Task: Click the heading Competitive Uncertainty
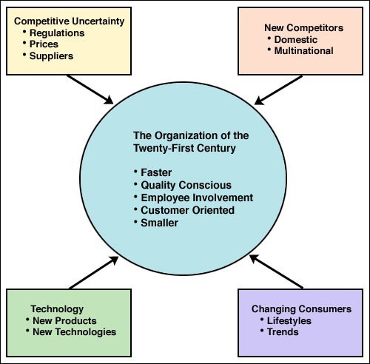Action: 70,21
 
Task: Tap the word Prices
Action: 44,44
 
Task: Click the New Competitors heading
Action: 303,28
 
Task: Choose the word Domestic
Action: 296,39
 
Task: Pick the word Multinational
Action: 303,51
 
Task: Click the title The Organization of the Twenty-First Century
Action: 191,142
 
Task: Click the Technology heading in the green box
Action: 57,309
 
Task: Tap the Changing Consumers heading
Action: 301,309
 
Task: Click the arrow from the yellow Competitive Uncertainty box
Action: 90,90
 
